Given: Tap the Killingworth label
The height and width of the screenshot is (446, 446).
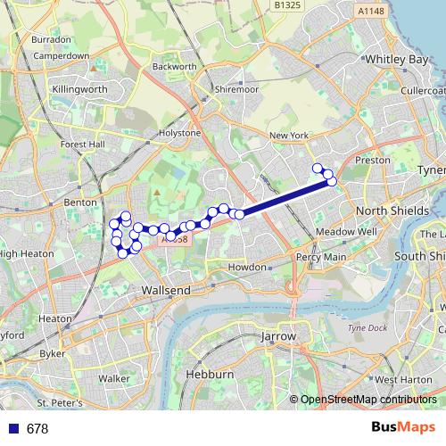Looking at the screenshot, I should [x=78, y=90].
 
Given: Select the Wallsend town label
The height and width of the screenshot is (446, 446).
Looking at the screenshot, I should [x=166, y=291].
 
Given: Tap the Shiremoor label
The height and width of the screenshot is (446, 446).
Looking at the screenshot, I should [x=235, y=90].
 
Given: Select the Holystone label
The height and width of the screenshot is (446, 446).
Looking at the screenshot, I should [x=179, y=132].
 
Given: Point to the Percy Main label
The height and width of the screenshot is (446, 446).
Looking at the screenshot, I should [x=321, y=257].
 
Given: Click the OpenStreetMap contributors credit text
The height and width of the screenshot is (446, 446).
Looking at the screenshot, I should [x=368, y=401].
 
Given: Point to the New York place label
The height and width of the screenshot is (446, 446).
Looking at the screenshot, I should [x=287, y=136].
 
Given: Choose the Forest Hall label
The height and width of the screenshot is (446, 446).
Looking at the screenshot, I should [x=83, y=145].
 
